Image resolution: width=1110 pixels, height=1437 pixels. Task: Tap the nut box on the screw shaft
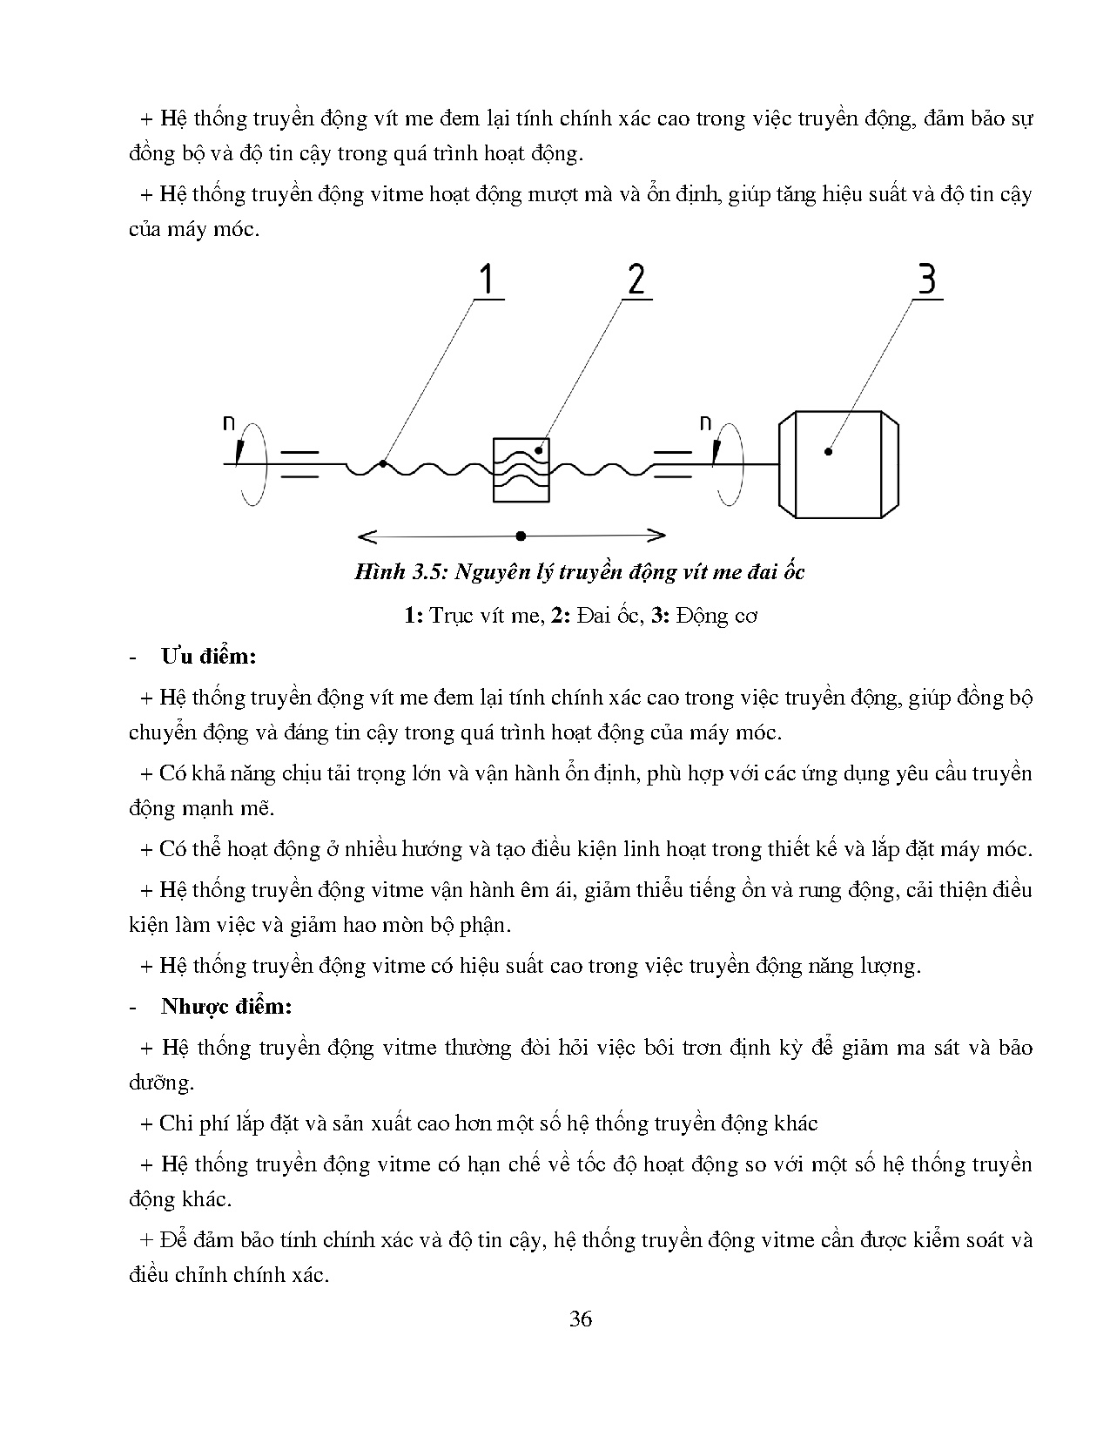(x=521, y=469)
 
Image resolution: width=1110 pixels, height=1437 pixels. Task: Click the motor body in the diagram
(x=838, y=465)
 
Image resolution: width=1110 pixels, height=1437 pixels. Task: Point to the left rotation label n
(x=230, y=424)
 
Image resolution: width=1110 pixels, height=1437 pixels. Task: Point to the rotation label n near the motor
(x=705, y=424)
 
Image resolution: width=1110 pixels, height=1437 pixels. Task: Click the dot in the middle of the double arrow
(x=521, y=535)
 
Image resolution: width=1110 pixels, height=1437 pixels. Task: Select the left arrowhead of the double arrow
(x=364, y=535)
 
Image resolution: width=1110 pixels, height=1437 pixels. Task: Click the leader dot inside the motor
(x=828, y=451)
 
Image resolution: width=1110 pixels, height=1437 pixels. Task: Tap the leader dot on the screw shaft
(x=382, y=464)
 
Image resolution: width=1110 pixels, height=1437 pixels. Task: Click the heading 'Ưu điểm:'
(x=208, y=657)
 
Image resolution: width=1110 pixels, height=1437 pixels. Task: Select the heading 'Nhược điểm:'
(x=225, y=1007)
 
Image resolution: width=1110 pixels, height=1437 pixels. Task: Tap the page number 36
(x=581, y=1319)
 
